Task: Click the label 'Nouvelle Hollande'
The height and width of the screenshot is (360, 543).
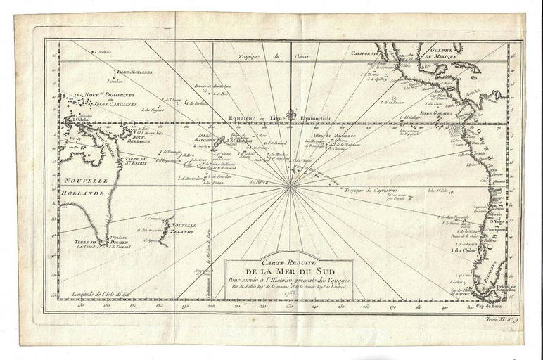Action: pyautogui.click(x=79, y=186)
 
